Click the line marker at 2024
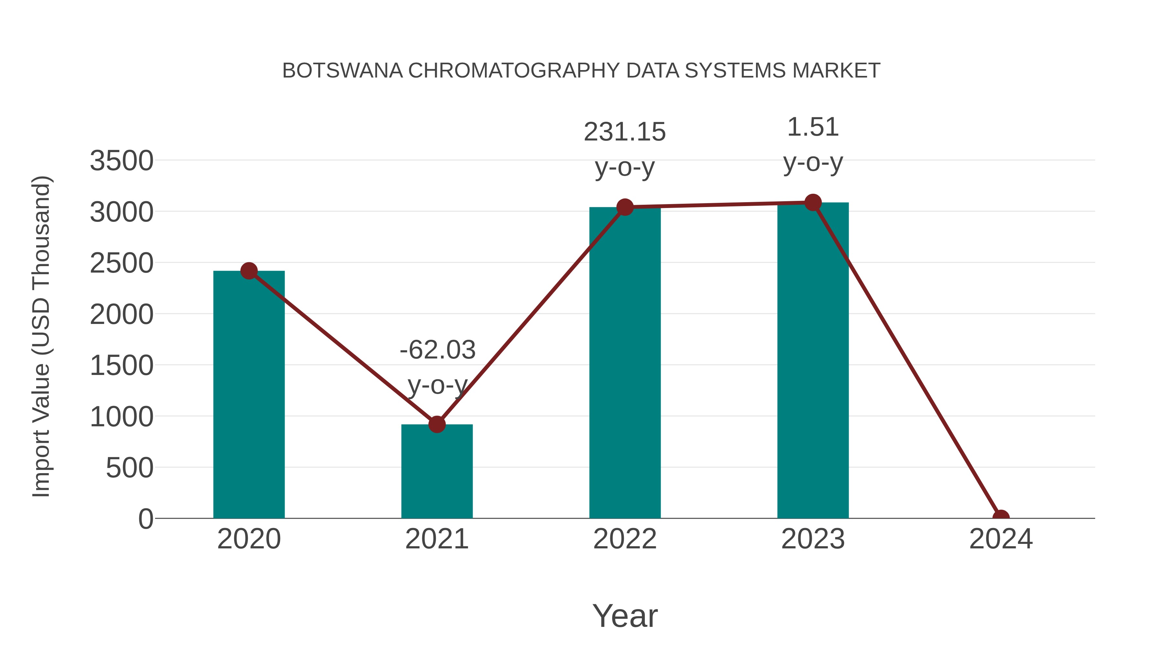1001,517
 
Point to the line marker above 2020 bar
249,271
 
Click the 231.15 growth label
625,132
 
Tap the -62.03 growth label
437,350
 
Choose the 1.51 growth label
813,127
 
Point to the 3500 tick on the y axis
121,161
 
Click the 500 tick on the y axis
129,468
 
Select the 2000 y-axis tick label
121,315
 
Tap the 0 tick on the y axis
146,519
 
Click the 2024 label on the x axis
1001,539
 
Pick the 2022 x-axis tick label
625,539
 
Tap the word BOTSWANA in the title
342,71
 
